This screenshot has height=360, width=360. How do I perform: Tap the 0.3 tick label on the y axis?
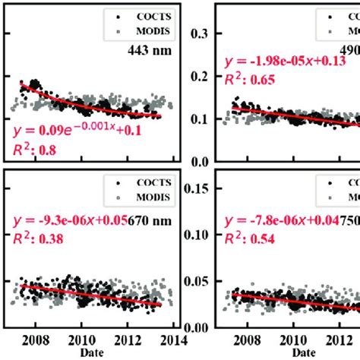[x=197, y=33]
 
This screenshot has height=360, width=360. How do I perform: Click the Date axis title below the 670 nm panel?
[x=96, y=353]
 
